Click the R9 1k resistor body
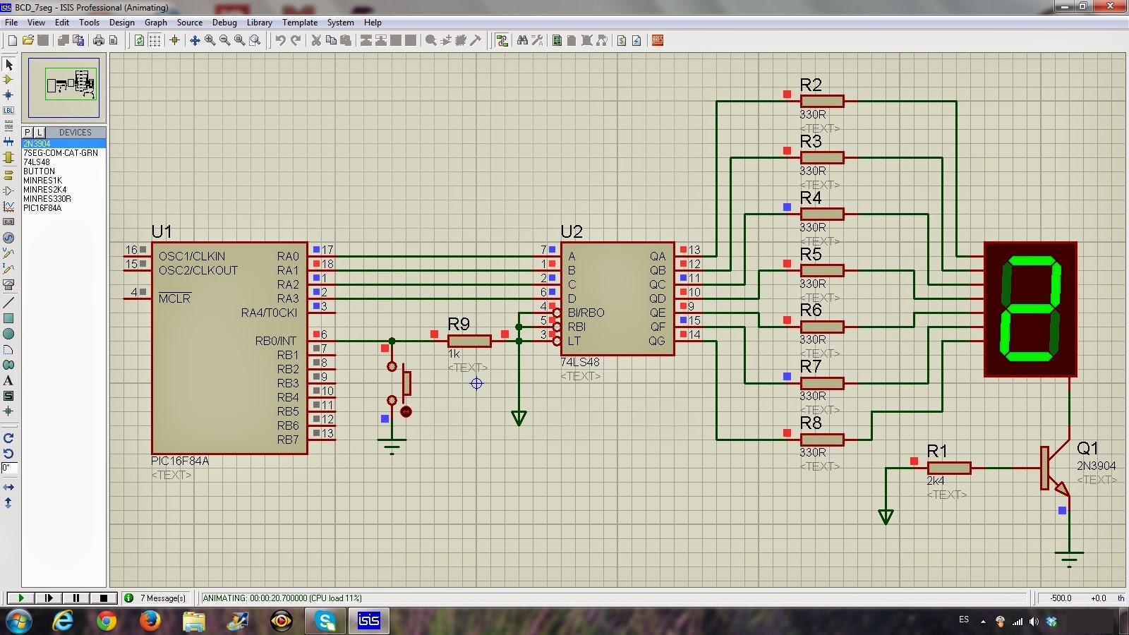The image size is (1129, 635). tap(469, 341)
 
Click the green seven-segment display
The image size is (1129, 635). tap(1030, 309)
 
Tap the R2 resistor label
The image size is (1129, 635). tap(811, 85)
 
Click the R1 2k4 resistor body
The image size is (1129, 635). tap(948, 468)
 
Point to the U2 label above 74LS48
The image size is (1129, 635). tap(572, 232)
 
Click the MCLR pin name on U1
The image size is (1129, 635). tap(174, 298)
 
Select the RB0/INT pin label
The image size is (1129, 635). tap(276, 341)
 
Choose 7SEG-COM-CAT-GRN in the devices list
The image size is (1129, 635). tap(61, 153)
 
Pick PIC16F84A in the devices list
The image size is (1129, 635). tap(42, 208)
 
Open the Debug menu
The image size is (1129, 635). tap(224, 23)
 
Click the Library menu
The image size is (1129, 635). tap(259, 23)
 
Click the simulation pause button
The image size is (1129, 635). tap(76, 598)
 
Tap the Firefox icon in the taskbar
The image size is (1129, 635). tap(150, 621)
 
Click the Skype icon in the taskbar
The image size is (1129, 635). tap(325, 621)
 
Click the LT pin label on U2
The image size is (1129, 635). tap(574, 341)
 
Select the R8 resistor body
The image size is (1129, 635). tap(822, 440)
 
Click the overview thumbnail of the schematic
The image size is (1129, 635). tap(64, 87)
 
